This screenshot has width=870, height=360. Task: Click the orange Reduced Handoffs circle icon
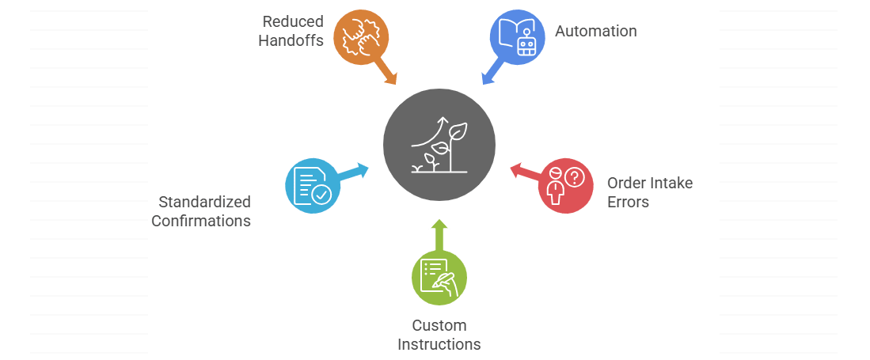click(x=360, y=36)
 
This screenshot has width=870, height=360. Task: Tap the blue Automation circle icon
click(x=517, y=36)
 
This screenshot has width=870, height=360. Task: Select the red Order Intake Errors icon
click(x=565, y=186)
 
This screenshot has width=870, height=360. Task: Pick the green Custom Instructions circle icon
click(x=439, y=278)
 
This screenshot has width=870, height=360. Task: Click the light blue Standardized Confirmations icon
click(x=313, y=186)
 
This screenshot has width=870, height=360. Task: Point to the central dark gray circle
click(x=439, y=144)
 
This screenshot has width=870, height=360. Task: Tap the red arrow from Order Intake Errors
click(x=525, y=172)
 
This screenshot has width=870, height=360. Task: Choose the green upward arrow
click(x=439, y=235)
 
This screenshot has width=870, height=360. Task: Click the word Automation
click(x=595, y=32)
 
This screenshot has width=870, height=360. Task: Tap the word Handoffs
click(x=291, y=40)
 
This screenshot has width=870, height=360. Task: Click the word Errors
click(x=628, y=202)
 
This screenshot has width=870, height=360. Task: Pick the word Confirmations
click(x=201, y=221)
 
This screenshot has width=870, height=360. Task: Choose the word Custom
click(x=439, y=325)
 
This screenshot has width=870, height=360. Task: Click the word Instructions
click(x=439, y=344)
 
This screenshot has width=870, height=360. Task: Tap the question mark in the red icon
click(x=575, y=176)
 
